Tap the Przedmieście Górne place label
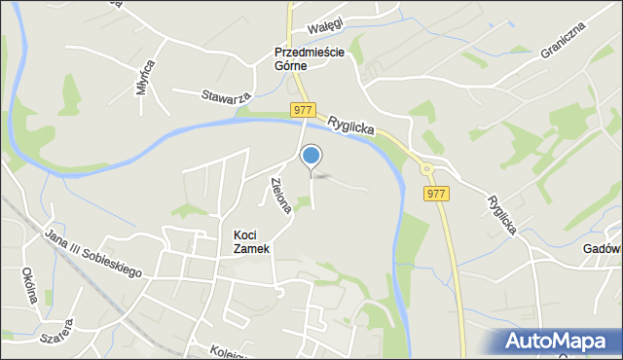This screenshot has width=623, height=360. click(x=304, y=58)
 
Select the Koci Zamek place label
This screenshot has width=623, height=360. click(x=252, y=241)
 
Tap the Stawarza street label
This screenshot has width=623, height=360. click(x=227, y=96)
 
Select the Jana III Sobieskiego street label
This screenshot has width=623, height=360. click(x=93, y=252)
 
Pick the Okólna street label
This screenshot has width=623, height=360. click(x=28, y=285)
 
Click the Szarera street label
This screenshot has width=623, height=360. click(x=55, y=333)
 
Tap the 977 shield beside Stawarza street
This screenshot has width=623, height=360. click(x=302, y=111)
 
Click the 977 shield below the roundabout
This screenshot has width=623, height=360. click(x=437, y=194)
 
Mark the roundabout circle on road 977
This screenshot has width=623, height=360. click(x=426, y=169)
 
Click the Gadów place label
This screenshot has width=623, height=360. click(x=601, y=249)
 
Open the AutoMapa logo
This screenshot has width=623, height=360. click(x=558, y=342)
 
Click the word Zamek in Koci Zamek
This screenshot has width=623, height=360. click(x=252, y=249)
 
